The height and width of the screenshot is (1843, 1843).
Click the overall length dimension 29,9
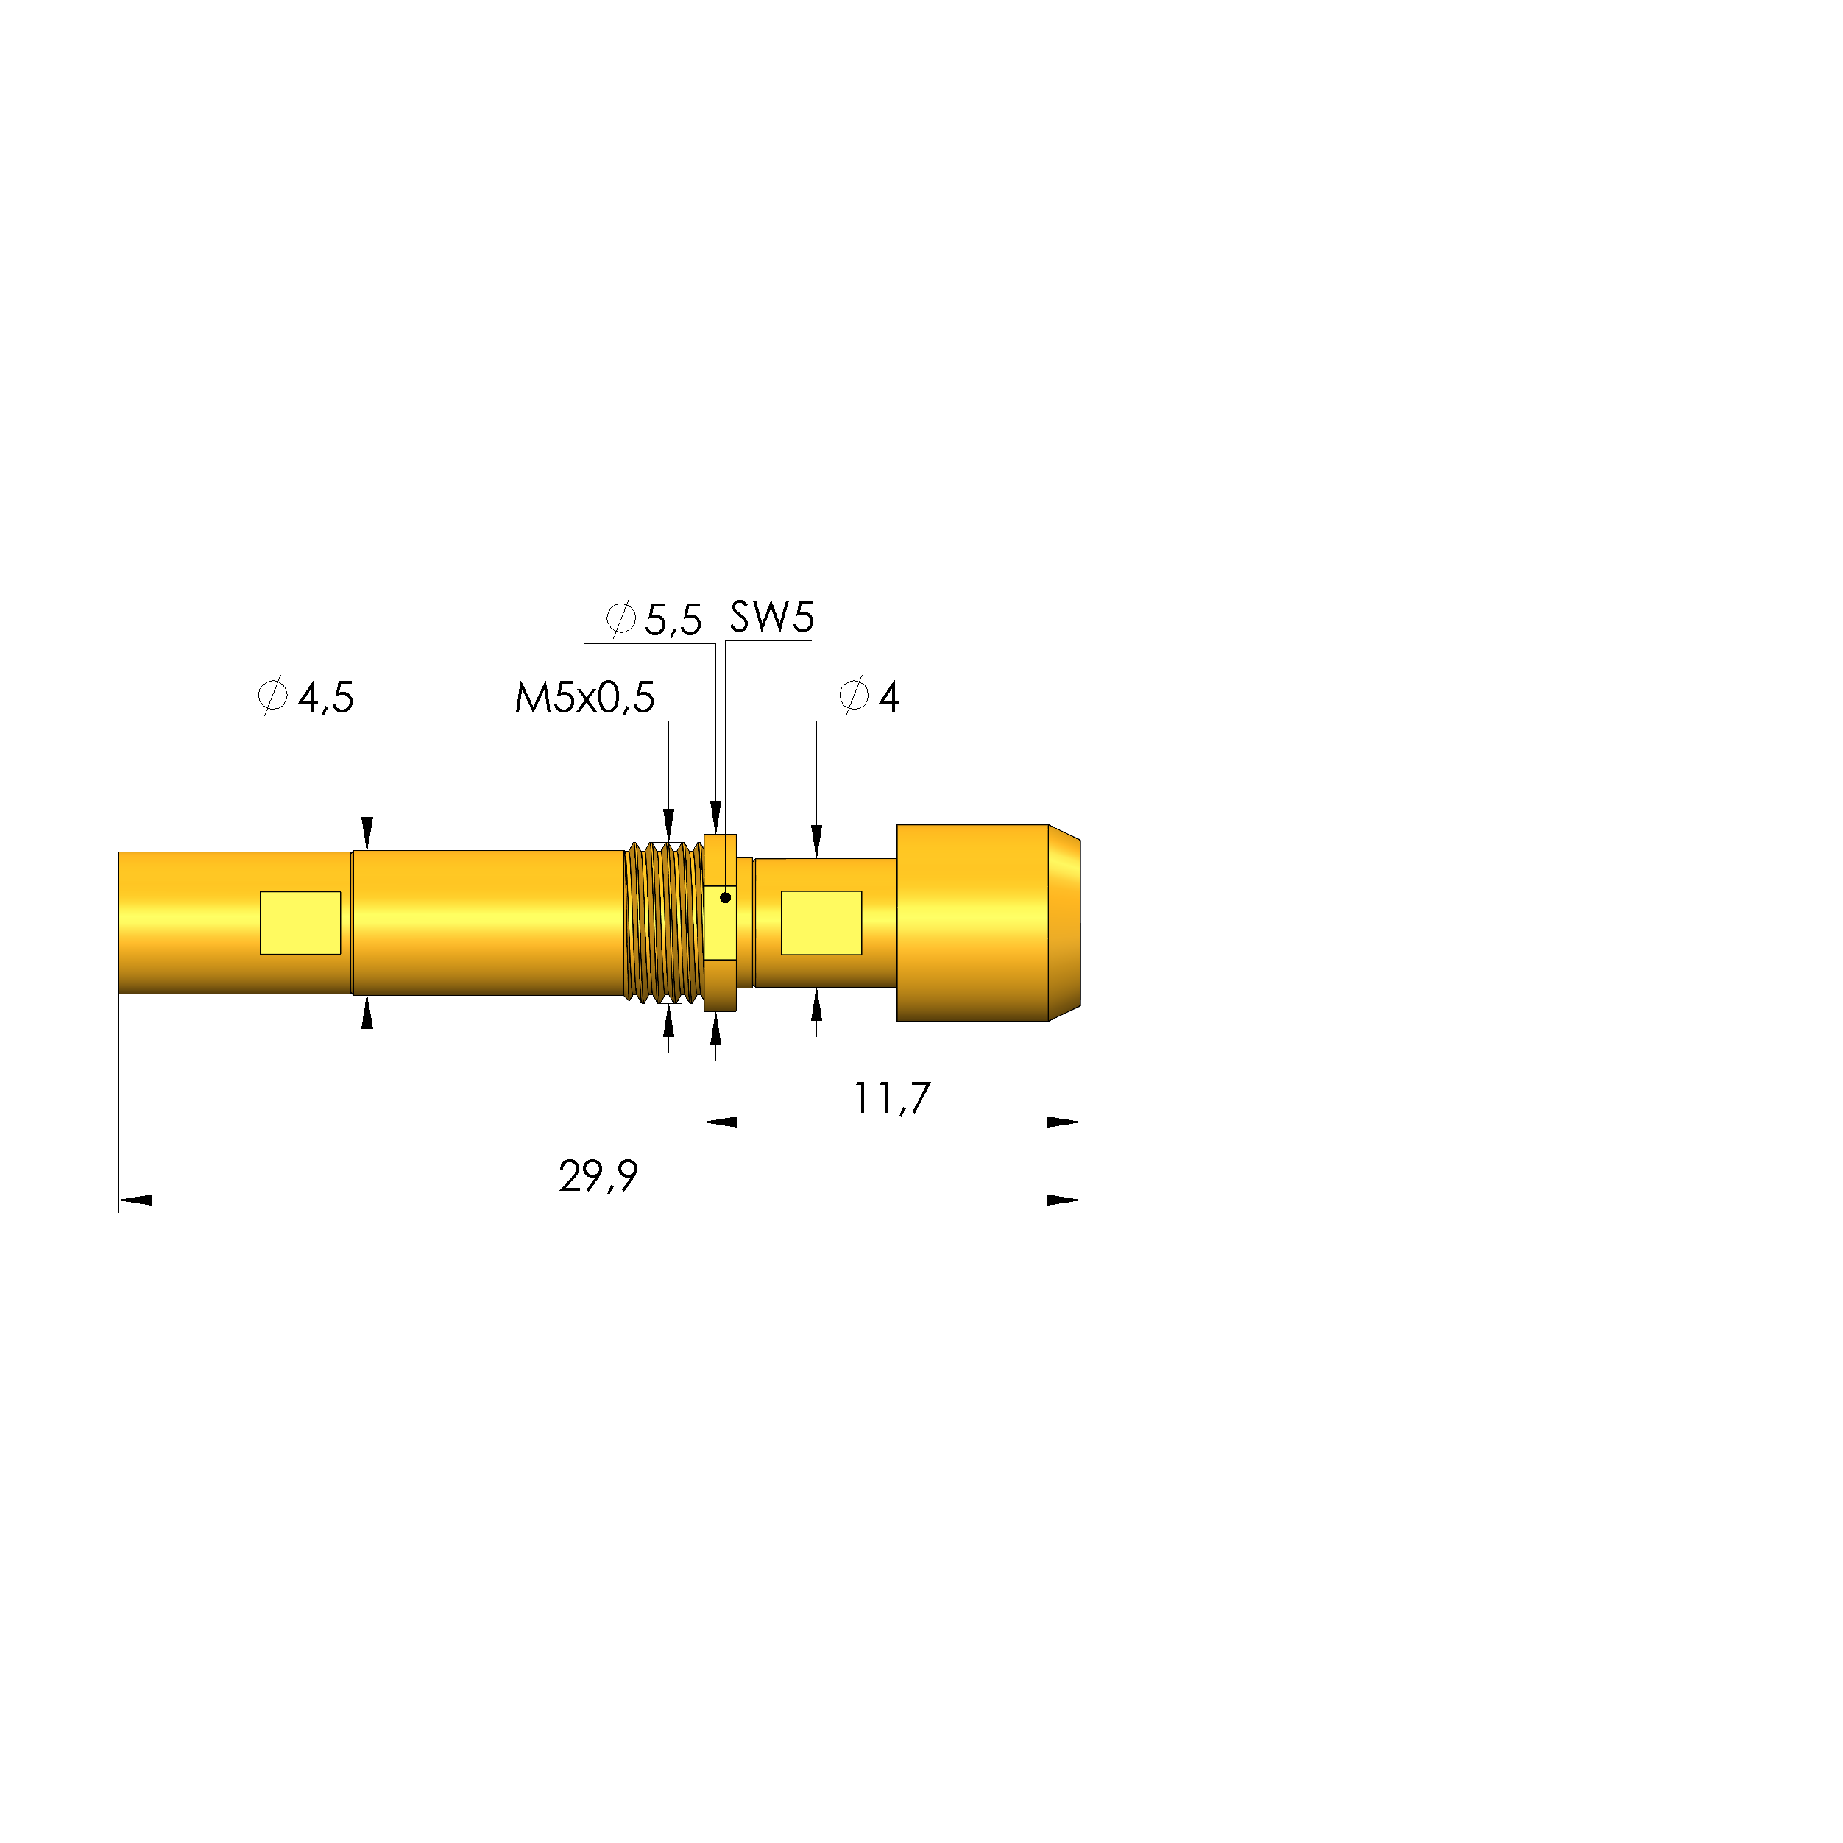598,1176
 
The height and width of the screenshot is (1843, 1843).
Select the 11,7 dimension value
891,1098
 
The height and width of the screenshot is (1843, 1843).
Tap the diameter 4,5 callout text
307,697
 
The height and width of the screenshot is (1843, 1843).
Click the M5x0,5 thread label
584,697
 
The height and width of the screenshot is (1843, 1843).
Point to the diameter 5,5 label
654,620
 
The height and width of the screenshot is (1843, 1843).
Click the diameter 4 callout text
869,697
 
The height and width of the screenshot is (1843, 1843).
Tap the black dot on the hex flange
725,898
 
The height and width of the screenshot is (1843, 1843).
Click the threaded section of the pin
664,922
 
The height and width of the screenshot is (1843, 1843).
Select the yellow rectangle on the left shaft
300,922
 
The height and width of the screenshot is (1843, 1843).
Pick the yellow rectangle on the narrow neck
821,922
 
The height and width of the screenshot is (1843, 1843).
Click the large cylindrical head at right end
972,922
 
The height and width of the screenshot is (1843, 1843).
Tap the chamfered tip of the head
1064,922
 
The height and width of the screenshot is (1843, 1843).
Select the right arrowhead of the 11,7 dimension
1063,1122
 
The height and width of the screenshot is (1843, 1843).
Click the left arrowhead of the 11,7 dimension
721,1122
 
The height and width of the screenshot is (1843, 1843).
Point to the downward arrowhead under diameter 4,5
367,832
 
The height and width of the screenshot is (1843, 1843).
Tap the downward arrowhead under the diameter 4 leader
816,841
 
